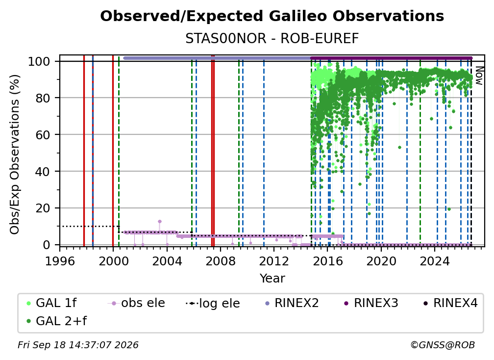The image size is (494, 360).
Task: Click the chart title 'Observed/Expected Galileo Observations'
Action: pyautogui.click(x=272, y=16)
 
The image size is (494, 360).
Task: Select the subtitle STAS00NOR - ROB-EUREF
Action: pyautogui.click(x=272, y=39)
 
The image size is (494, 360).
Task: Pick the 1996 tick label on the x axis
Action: pyautogui.click(x=60, y=261)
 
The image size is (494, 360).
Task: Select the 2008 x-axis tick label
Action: pyautogui.click(x=220, y=261)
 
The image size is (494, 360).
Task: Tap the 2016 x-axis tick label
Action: pyautogui.click(x=328, y=261)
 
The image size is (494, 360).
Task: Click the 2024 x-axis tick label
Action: pyautogui.click(x=435, y=261)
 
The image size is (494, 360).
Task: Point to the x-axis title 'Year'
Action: pyautogui.click(x=272, y=279)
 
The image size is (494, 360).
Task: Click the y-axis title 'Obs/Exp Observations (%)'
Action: pyautogui.click(x=15, y=154)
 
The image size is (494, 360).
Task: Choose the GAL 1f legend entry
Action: pyautogui.click(x=52, y=303)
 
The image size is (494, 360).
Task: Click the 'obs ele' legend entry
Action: pyautogui.click(x=136, y=303)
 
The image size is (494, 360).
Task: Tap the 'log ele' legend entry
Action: pyautogui.click(x=213, y=303)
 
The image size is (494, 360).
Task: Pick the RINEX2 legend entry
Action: pyautogui.click(x=292, y=303)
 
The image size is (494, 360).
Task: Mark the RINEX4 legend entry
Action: pyautogui.click(x=450, y=303)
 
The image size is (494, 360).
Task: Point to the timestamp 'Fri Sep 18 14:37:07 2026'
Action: pyautogui.click(x=78, y=345)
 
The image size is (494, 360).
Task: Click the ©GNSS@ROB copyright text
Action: pyautogui.click(x=443, y=345)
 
